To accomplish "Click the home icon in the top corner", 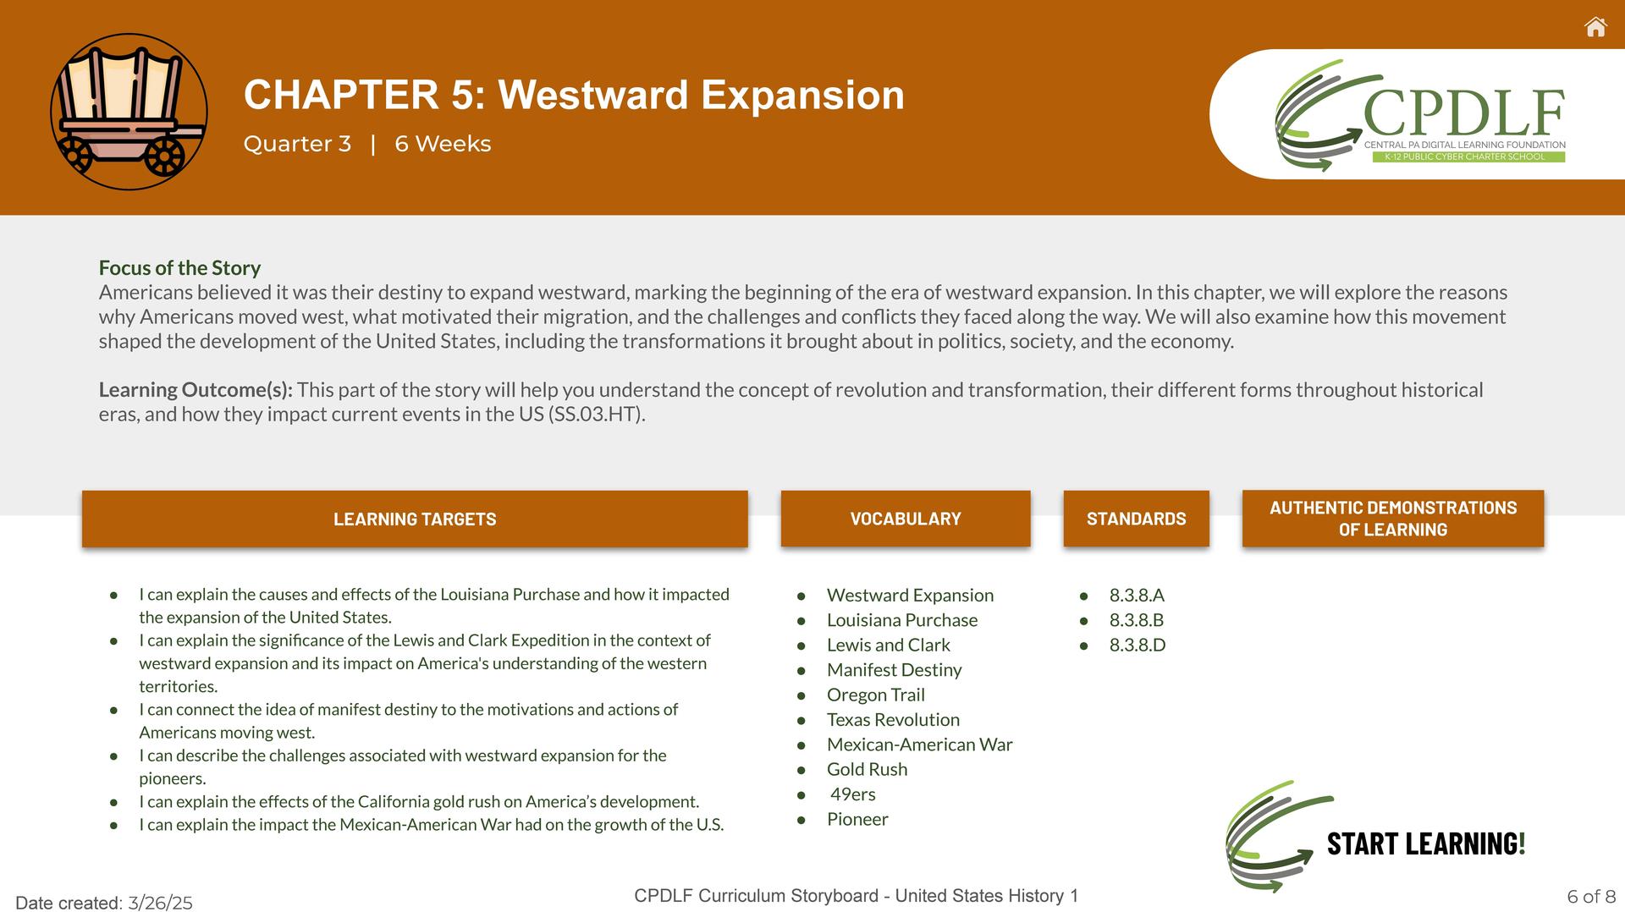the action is pos(1595,27).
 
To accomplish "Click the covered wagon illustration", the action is pos(129,112).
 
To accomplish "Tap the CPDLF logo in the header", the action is pos(1420,115).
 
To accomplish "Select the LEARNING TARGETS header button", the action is pos(415,519).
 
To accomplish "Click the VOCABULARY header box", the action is pos(906,519).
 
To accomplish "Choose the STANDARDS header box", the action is pos(1136,519).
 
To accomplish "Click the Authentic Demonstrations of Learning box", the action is pos(1393,519).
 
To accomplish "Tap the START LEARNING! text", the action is pos(1426,843).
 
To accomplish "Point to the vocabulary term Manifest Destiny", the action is pos(894,670).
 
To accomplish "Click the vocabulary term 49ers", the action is pos(852,794).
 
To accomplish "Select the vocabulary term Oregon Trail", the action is pos(875,695).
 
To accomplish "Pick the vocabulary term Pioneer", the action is pos(857,819).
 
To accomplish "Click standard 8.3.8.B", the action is pos(1137,620).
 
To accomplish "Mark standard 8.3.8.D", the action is pos(1137,645).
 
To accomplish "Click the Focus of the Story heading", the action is pos(179,268).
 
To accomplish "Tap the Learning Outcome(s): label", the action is pos(196,390).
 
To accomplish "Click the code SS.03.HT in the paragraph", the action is pos(595,415).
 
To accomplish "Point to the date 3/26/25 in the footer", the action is pos(160,903).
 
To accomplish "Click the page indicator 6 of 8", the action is pos(1591,897).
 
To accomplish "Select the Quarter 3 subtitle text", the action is pos(297,144).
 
